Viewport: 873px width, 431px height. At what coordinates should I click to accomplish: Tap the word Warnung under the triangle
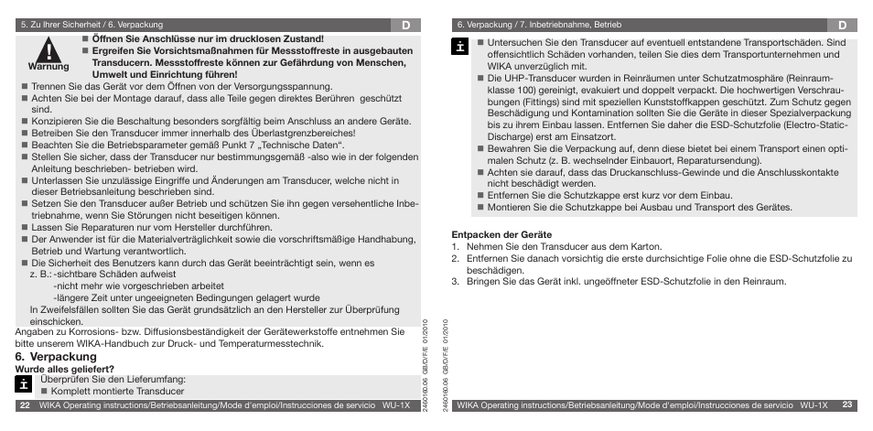[48, 67]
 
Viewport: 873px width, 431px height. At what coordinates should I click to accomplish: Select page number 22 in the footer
[25, 404]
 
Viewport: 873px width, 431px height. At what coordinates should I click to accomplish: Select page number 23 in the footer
[847, 404]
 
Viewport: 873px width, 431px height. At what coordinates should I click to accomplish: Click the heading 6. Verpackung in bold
[56, 356]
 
